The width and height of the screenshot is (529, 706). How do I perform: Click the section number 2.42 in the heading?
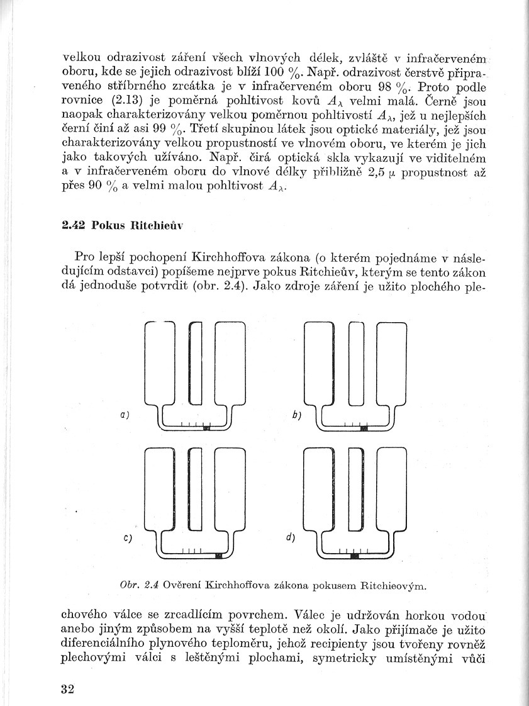coord(74,226)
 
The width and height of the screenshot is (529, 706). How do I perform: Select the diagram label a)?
coord(125,414)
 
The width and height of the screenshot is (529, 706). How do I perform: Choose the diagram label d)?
coord(291,538)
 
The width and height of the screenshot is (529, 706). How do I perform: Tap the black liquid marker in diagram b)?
coord(364,428)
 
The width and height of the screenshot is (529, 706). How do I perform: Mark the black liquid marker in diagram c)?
coord(218,555)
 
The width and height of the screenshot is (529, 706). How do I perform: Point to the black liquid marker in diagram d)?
coord(354,555)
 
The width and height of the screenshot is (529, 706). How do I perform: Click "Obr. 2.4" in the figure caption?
coord(138,585)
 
